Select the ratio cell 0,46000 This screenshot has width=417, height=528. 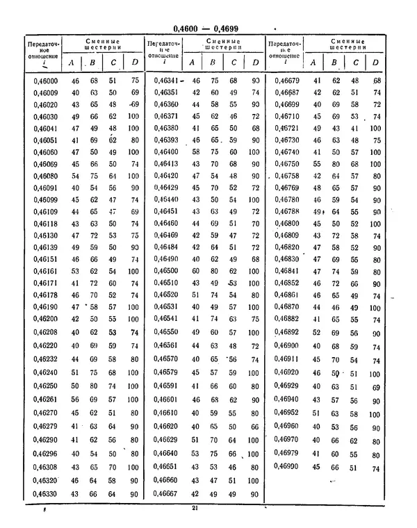[45, 81]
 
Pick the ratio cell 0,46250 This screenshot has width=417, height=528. [45, 386]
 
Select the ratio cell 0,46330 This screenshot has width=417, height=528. [45, 494]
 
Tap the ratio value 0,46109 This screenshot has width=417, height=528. [45, 211]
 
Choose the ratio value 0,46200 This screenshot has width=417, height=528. [45, 318]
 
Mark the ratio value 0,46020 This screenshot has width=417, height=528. [45, 105]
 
